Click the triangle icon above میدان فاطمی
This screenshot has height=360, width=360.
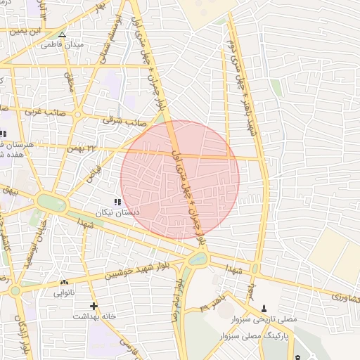(x=62, y=34)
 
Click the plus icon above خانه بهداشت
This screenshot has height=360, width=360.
(x=94, y=306)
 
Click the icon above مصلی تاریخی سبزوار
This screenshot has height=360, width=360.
(x=264, y=308)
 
